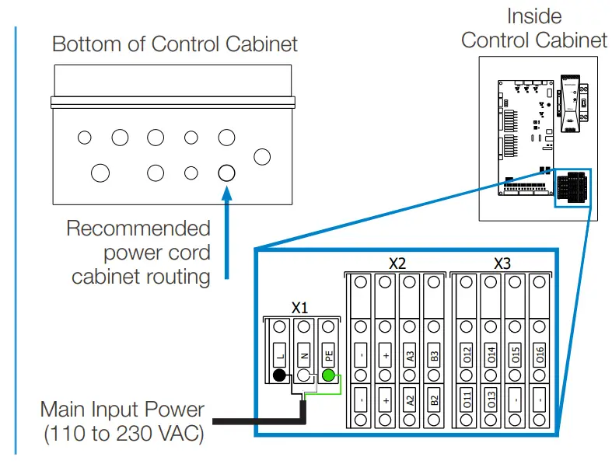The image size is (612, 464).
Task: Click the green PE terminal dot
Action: pos(328,377)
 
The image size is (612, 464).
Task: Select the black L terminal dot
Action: pos(278,377)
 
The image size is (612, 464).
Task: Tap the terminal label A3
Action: pos(410,357)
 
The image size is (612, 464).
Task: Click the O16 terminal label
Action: pos(540,357)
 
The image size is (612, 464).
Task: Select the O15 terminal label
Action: pos(515,357)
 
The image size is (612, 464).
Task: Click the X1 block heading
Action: pos(300,307)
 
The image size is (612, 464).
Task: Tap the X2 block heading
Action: pos(397,263)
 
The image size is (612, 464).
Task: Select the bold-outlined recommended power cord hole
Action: pos(226,173)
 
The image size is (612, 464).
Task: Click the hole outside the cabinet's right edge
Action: pos(263,156)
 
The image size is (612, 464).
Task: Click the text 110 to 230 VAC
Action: pos(124,434)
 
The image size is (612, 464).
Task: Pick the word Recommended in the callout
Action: pos(138,229)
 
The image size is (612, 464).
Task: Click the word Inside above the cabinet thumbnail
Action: pos(534,16)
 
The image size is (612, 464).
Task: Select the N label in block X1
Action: pos(304,357)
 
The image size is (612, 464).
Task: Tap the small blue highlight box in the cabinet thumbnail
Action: pos(572,188)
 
